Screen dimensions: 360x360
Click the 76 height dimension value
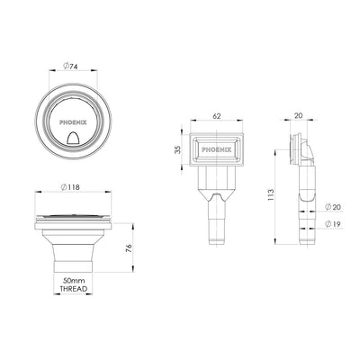pos(129,249)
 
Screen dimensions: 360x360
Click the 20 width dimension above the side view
pos(299,116)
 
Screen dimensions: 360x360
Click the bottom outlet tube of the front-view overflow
pos(217,225)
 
